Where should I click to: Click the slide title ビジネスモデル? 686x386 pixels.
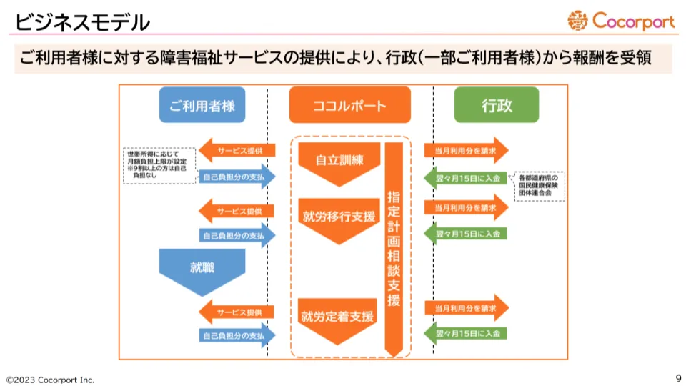[x=83, y=22]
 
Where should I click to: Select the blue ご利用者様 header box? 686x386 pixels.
[x=202, y=106]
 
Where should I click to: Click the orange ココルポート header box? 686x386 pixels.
[x=349, y=106]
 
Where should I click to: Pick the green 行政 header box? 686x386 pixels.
[x=497, y=106]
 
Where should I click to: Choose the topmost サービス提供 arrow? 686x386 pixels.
[x=237, y=151]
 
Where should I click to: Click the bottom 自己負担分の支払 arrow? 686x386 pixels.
[x=237, y=335]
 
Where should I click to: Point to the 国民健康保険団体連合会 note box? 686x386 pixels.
[x=541, y=183]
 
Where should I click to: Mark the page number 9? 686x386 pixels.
[x=677, y=378]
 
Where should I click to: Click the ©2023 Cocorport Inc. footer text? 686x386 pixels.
[x=50, y=380]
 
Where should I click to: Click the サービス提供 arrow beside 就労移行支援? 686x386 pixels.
[x=237, y=212]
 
